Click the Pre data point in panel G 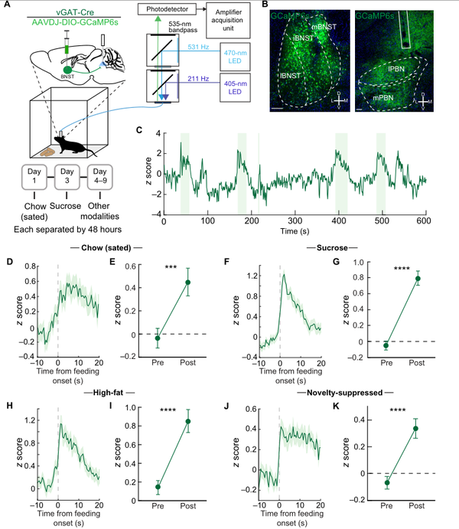pyautogui.click(x=386, y=345)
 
